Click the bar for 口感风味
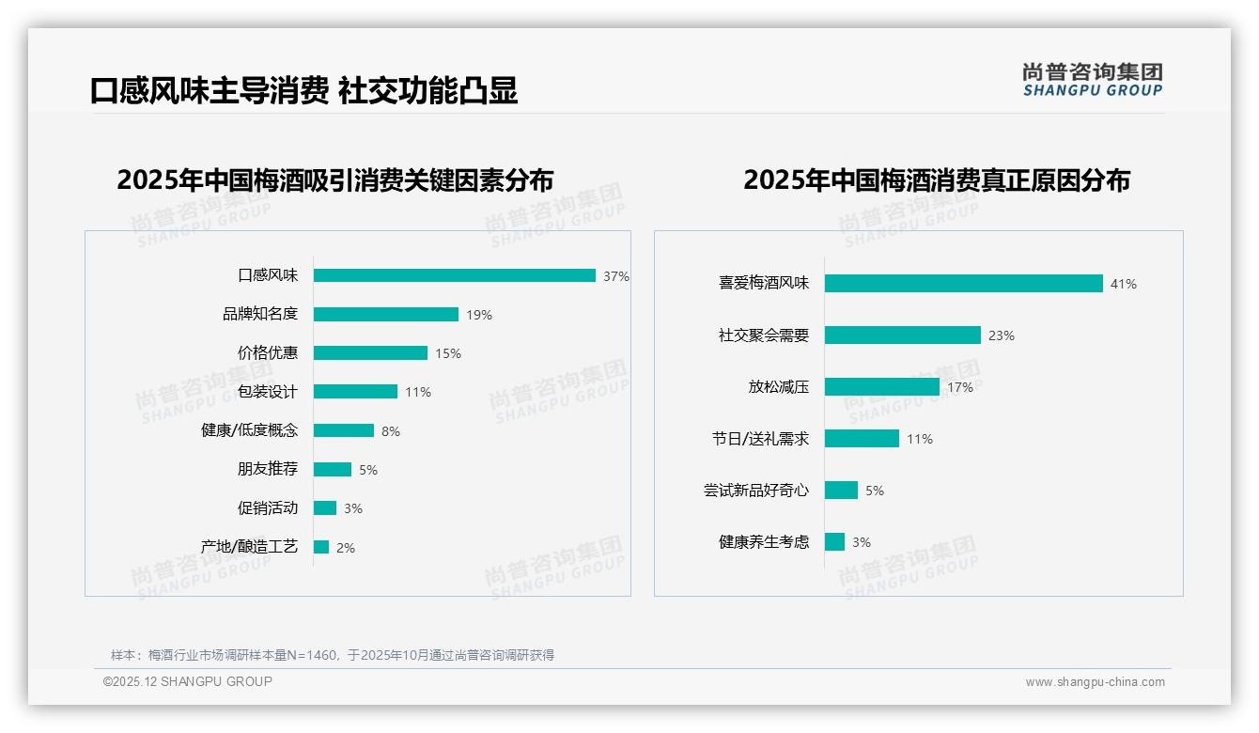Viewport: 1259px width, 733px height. click(x=455, y=275)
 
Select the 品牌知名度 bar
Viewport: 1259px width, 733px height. click(x=386, y=315)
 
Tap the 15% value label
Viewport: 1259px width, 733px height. click(x=448, y=354)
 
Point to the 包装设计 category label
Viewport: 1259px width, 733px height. click(x=268, y=392)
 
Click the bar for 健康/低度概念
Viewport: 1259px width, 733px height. click(x=344, y=430)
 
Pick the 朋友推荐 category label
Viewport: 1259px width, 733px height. click(x=268, y=469)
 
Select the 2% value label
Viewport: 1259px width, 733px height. click(x=346, y=548)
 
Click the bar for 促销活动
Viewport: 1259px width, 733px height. click(x=325, y=508)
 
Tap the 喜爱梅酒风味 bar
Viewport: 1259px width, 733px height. click(x=964, y=284)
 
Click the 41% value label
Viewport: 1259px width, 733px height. click(x=1124, y=284)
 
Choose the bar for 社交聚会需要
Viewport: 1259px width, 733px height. click(x=903, y=335)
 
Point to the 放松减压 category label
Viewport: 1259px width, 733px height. click(x=779, y=387)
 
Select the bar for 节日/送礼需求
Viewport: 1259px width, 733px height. click(x=863, y=439)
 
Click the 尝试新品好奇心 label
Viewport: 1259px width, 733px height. click(x=756, y=491)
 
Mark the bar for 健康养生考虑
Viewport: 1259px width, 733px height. click(x=835, y=542)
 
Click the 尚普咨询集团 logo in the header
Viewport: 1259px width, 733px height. click(x=1093, y=79)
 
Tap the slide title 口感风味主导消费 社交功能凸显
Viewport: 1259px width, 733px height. click(x=303, y=91)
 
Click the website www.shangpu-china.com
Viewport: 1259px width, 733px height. click(x=1095, y=682)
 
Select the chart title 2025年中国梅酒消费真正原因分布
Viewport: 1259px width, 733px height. click(x=937, y=179)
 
